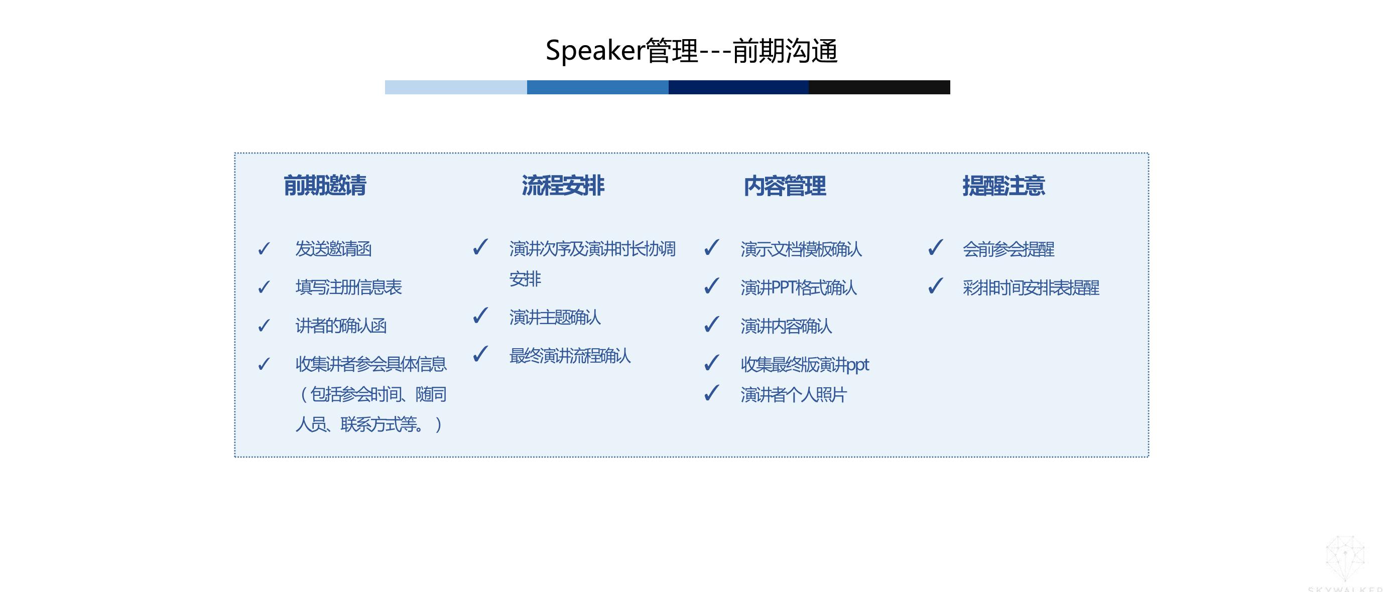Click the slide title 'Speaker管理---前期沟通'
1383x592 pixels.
692,51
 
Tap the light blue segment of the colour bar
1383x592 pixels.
456,87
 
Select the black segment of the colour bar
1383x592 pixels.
879,87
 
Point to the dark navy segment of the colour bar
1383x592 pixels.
739,87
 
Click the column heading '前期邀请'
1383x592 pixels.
325,186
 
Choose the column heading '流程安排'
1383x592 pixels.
563,186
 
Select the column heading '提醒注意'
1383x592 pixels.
1003,186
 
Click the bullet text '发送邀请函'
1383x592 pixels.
333,249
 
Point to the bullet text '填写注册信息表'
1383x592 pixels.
348,287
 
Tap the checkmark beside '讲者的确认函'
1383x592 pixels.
264,325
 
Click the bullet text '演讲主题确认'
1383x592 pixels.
555,317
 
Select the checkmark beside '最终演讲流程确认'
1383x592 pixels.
480,354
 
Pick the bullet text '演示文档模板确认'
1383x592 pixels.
801,249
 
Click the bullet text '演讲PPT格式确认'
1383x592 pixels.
798,287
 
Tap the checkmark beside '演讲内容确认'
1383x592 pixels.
712,324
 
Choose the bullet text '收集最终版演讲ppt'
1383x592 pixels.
805,365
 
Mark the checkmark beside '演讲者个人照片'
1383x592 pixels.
712,393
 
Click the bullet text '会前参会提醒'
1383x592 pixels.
1008,249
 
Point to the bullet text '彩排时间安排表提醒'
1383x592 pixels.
1031,287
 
